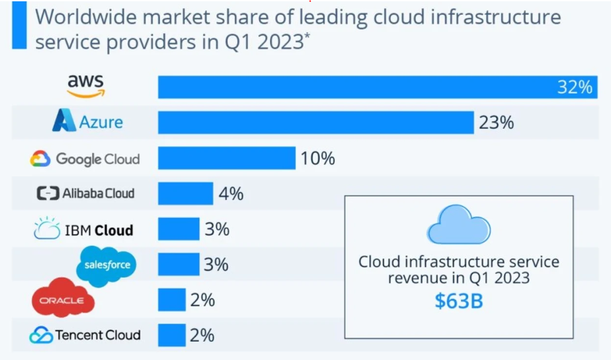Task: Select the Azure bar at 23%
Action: pos(316,122)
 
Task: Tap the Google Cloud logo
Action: pos(85,159)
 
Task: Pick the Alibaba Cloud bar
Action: pos(185,193)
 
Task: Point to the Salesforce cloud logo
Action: pos(107,265)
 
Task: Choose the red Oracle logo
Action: pos(63,299)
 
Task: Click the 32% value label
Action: pos(575,87)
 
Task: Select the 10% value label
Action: pos(318,159)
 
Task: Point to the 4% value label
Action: pos(231,194)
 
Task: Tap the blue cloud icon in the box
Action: pos(458,225)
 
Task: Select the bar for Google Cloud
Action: pos(226,158)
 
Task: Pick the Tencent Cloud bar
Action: pos(172,334)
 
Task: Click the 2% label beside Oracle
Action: pos(203,300)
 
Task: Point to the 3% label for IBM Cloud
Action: pos(216,230)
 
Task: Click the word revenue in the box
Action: pos(418,278)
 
